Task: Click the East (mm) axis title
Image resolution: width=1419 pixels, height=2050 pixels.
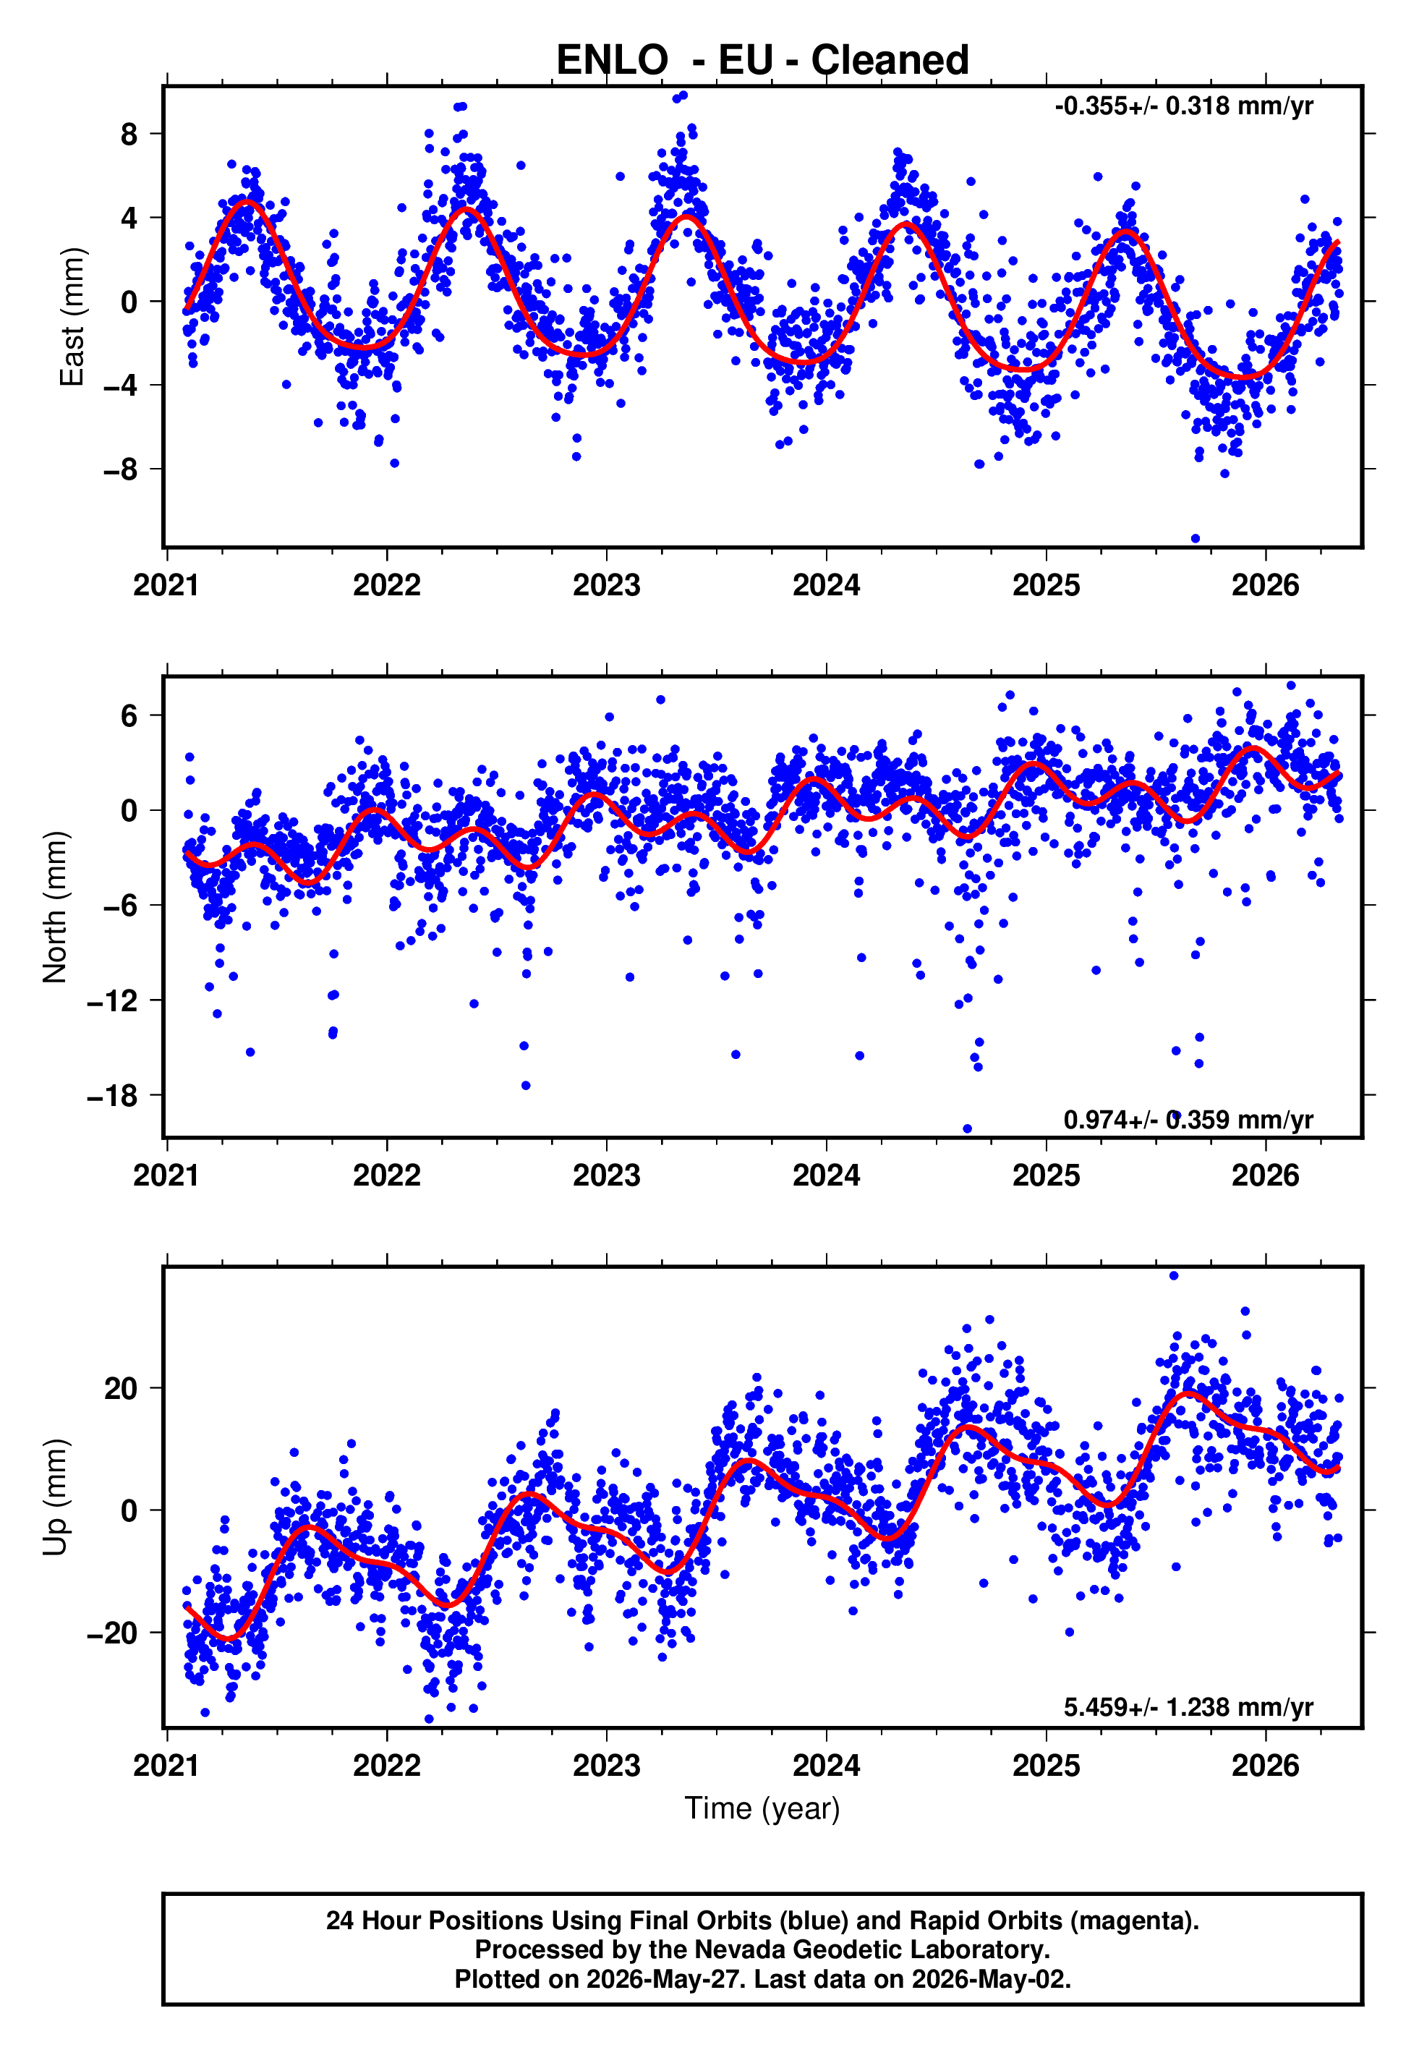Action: (x=72, y=318)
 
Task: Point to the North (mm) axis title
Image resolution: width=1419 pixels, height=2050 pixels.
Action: (x=55, y=907)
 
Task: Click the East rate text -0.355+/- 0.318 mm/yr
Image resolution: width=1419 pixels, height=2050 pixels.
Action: (x=1183, y=106)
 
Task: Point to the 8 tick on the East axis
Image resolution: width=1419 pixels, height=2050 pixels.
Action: (x=129, y=135)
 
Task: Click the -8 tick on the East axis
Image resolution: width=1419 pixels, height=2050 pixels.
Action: (x=120, y=469)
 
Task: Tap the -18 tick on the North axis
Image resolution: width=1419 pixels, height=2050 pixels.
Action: (x=113, y=1096)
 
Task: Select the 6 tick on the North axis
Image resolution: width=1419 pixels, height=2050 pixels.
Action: (x=129, y=715)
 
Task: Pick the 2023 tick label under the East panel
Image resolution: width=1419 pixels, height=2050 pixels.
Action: (x=606, y=586)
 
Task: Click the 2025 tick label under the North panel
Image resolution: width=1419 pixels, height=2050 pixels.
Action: (x=1047, y=1176)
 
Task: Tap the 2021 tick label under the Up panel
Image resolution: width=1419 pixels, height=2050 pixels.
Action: (x=166, y=1766)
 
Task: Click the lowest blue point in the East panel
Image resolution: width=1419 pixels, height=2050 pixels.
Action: (x=1195, y=539)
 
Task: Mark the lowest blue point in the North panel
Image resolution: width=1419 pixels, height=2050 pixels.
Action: (x=968, y=1129)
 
